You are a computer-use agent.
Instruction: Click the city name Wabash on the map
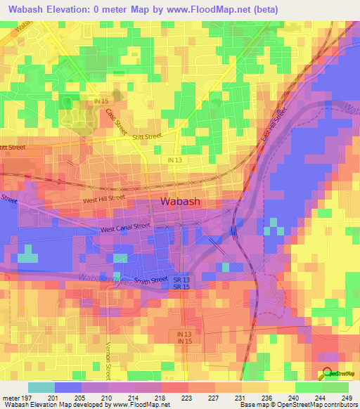pyautogui.click(x=181, y=202)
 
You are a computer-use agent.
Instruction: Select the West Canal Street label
pyautogui.click(x=125, y=227)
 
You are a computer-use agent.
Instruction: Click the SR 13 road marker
pyautogui.click(x=181, y=280)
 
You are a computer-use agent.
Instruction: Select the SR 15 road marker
pyautogui.click(x=181, y=287)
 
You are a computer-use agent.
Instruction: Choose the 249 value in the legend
pyautogui.click(x=346, y=397)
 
